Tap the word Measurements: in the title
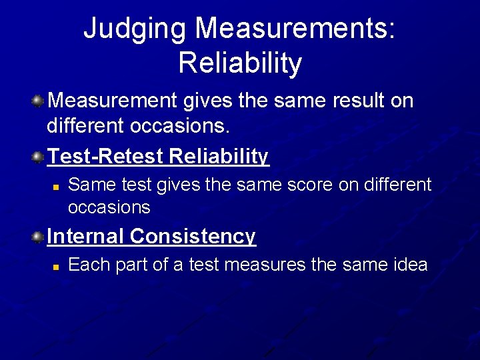pyautogui.click(x=296, y=30)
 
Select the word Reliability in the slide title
pyautogui.click(x=240, y=63)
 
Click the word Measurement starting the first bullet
pyautogui.click(x=111, y=101)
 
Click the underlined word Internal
pyautogui.click(x=85, y=237)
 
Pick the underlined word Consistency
pyautogui.click(x=193, y=237)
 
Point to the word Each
pyautogui.click(x=89, y=265)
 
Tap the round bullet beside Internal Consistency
pyautogui.click(x=39, y=237)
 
